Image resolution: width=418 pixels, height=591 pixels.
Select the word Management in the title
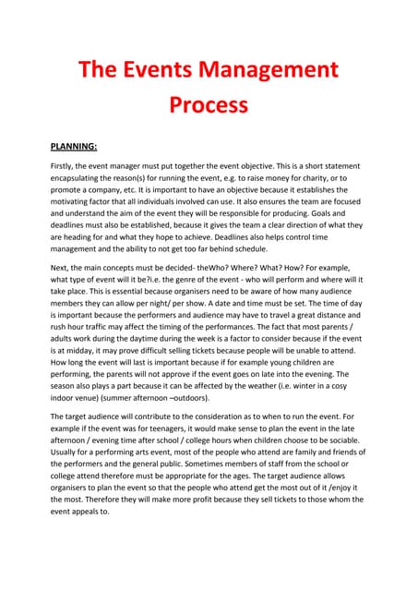coord(273,70)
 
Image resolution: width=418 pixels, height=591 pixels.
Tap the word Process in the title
coord(209,104)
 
